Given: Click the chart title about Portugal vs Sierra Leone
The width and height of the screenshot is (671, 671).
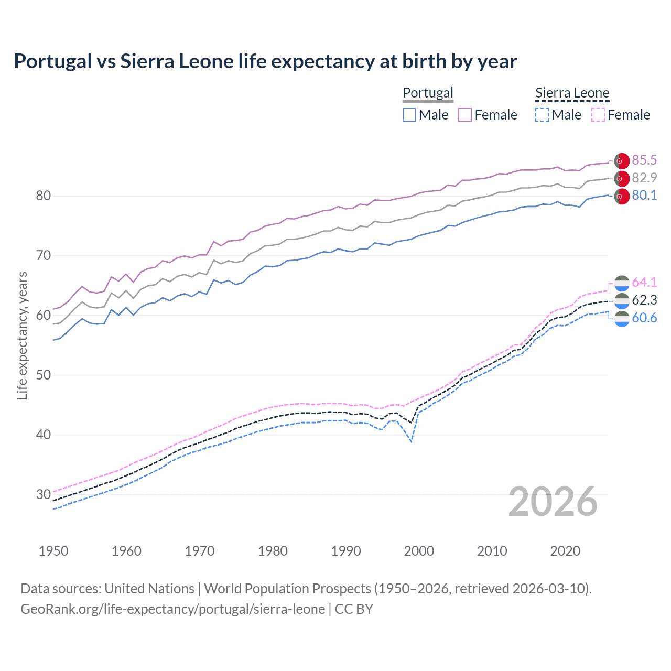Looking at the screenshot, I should pos(265,61).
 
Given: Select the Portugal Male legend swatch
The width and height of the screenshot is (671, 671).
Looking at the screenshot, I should pos(409,115).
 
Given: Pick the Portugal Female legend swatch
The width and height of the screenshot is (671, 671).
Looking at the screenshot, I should pos(465,115).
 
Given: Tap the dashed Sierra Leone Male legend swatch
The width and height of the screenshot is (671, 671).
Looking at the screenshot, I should pos(542,115).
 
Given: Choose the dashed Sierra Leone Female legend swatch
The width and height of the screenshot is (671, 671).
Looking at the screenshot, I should pos(598,115).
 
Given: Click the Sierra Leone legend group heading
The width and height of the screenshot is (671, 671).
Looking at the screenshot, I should pos(572,93).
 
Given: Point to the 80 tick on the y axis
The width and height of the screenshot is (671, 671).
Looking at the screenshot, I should pos(44,196).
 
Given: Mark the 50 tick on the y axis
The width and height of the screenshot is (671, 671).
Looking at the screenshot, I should pos(44,375).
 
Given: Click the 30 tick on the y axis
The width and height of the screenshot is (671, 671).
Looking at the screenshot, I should pos(44,494).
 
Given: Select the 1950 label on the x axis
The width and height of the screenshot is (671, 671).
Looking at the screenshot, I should pos(53,551).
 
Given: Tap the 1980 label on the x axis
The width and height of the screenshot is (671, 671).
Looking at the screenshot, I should pos(273,551).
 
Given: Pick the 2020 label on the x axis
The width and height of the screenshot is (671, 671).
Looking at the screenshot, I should pos(565,551).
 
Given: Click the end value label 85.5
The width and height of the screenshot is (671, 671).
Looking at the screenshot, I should pos(644,160).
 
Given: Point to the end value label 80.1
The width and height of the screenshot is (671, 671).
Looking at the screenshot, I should pos(644,196).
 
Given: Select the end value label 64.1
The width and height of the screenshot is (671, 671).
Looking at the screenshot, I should pos(644,282).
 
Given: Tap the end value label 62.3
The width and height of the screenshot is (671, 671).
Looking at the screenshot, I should pos(644,300).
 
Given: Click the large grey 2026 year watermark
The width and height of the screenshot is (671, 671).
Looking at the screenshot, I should pos(553,502).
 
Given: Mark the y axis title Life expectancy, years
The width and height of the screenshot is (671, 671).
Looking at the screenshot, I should pos(22,335).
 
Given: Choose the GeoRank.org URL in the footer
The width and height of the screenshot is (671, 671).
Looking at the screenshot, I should pos(172,609).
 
